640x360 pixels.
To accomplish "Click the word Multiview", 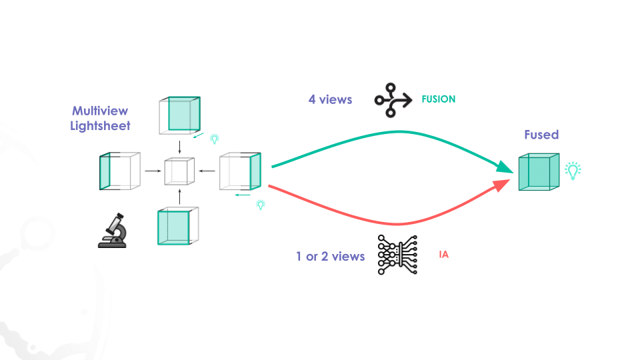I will point(100,111).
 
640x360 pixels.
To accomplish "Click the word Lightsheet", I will point(100,125).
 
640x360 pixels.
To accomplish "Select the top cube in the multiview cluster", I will point(179,114).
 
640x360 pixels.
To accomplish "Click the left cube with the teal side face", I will point(120,171).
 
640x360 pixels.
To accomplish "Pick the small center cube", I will point(180,171).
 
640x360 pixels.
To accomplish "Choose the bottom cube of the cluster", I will point(178,227).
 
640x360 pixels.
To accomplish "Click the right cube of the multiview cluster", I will point(241,171).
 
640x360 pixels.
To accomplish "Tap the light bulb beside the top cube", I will point(215,139).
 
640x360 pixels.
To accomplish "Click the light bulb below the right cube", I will point(261,205).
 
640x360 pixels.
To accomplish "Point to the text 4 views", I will point(330,100).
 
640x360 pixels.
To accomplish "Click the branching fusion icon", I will point(392,99).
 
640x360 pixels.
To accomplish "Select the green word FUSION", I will point(438,99).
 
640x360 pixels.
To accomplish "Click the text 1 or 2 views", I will point(331,256).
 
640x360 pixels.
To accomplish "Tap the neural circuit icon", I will point(397,255).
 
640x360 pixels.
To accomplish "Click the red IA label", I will point(443,255).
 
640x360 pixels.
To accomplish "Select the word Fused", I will point(541,135).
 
